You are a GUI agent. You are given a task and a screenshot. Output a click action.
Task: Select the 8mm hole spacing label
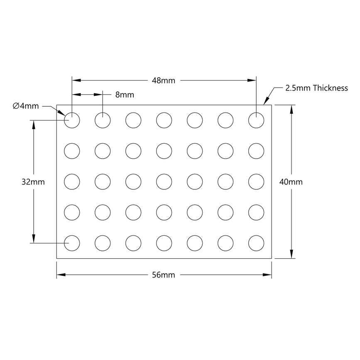(x=125, y=95)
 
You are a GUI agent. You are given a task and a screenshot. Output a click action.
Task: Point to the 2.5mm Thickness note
(x=316, y=88)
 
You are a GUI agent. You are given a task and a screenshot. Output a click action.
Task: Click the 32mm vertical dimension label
(x=33, y=182)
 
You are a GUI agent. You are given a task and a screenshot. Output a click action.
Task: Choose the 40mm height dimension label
(x=291, y=182)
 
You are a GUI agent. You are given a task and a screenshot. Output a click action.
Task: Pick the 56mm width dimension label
(x=164, y=275)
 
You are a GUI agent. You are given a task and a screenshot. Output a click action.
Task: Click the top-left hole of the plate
(x=72, y=120)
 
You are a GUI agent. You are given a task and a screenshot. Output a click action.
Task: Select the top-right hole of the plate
(x=256, y=120)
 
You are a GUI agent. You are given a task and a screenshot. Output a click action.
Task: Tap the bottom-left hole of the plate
(x=72, y=243)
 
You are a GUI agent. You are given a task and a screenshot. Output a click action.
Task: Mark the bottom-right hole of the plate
(x=256, y=243)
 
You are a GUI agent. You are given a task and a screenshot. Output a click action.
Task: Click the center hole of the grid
(x=164, y=181)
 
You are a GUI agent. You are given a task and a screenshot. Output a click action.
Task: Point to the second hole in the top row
(x=103, y=120)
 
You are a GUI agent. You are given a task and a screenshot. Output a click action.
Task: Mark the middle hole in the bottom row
(x=164, y=243)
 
